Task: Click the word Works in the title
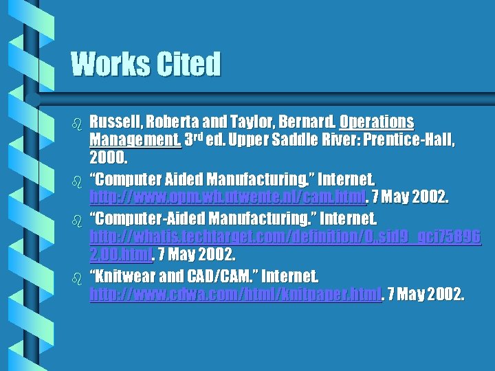(110, 65)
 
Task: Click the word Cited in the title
(188, 65)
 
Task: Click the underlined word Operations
(377, 122)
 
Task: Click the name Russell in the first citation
(115, 122)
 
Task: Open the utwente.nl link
(228, 199)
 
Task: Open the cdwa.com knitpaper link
(235, 295)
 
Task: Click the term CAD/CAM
(219, 277)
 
